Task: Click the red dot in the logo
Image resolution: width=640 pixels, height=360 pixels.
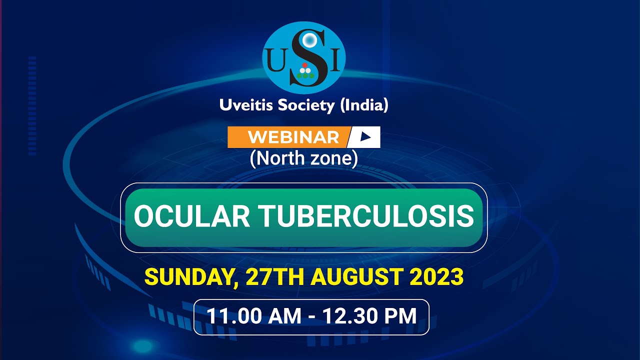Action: [x=305, y=65]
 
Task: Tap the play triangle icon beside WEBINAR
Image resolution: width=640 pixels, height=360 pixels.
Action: [x=366, y=137]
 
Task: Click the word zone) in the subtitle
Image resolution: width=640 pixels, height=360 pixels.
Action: [x=335, y=159]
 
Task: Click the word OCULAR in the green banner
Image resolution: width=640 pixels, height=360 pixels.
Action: [x=190, y=216]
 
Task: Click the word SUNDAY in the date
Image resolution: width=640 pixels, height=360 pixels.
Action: [x=188, y=277]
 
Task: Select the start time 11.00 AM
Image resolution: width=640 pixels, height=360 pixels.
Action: [x=254, y=316]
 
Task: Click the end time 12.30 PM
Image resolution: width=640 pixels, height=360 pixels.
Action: [x=369, y=316]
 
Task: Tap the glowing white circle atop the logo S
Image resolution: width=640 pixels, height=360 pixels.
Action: [x=310, y=39]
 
